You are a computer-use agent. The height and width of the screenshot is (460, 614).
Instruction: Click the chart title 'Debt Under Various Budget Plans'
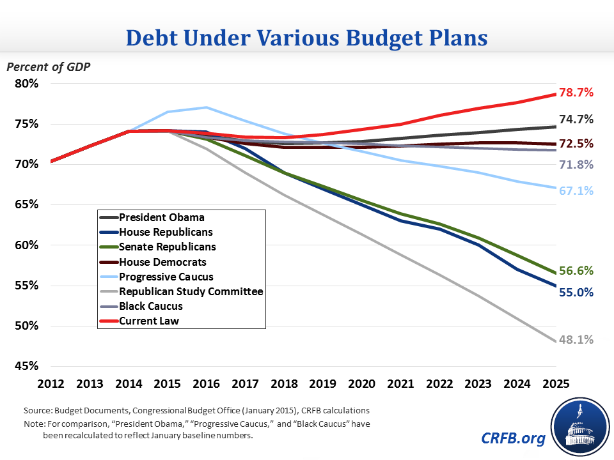[307, 38]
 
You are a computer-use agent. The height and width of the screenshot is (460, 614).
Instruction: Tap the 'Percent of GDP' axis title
[49, 66]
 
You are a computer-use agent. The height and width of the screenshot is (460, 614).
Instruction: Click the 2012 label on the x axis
[51, 383]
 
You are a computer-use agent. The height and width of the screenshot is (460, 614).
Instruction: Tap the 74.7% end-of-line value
[576, 119]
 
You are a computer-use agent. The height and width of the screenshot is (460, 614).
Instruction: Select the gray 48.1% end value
[576, 340]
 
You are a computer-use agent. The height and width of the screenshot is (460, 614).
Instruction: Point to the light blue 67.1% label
[576, 190]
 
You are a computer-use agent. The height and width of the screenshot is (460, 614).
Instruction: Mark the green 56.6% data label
[576, 271]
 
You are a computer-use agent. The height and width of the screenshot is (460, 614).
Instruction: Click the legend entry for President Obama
[157, 217]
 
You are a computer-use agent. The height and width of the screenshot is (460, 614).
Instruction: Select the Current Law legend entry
[149, 321]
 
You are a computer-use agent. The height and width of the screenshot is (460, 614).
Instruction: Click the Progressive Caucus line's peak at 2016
[206, 107]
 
